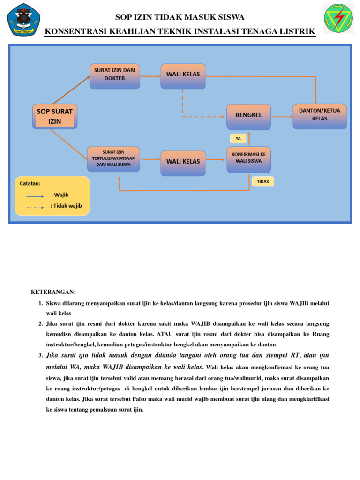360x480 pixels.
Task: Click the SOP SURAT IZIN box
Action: pyautogui.click(x=55, y=116)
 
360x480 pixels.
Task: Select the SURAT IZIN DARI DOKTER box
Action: pyautogui.click(x=115, y=76)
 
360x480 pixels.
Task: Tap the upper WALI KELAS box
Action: pyautogui.click(x=183, y=76)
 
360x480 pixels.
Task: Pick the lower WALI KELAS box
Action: pyautogui.click(x=183, y=163)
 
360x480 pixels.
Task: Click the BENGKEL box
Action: pyautogui.click(x=248, y=117)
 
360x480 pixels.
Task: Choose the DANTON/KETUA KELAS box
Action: pyautogui.click(x=320, y=116)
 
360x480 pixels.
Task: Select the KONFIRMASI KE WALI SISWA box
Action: pyautogui.click(x=248, y=159)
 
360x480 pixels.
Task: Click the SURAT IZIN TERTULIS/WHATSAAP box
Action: pyautogui.click(x=114, y=159)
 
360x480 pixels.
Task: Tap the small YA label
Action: pyautogui.click(x=238, y=138)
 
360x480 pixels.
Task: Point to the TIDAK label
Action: pyautogui.click(x=263, y=181)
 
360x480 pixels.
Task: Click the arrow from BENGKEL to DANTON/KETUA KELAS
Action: pyautogui.click(x=282, y=116)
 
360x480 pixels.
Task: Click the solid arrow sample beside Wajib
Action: pyautogui.click(x=36, y=197)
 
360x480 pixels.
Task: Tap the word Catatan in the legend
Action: pyautogui.click(x=30, y=184)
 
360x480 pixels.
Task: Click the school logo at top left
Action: pyautogui.click(x=24, y=19)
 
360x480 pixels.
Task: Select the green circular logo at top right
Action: pyautogui.click(x=338, y=18)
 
